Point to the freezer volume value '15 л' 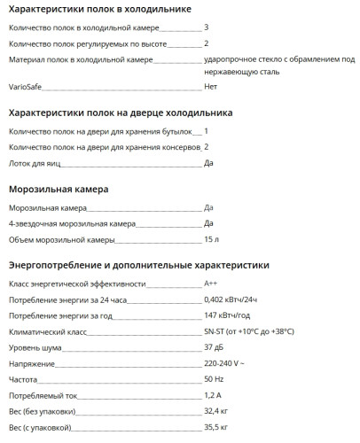click(211, 240)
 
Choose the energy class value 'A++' click(211, 284)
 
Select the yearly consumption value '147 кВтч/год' click(227, 315)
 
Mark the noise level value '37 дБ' click(214, 347)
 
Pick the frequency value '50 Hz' click(214, 379)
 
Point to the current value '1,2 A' click(212, 395)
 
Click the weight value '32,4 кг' click(216, 411)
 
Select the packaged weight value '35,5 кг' click(216, 427)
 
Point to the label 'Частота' click(24, 379)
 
